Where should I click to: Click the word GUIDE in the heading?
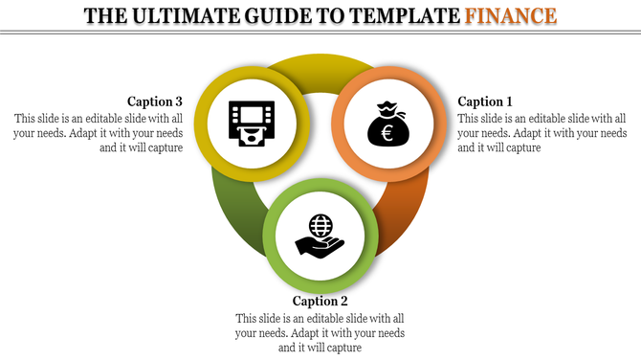click(278, 16)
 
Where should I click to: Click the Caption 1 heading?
click(485, 101)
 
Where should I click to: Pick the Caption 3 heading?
click(154, 101)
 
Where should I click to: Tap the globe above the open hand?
click(320, 227)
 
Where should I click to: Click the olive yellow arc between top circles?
click(317, 70)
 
